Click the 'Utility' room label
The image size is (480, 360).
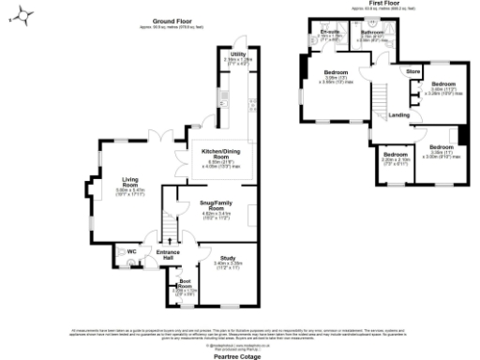[237, 56]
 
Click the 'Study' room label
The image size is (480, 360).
[228, 257]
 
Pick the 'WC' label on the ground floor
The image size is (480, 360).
[131, 250]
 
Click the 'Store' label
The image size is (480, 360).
[412, 71]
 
